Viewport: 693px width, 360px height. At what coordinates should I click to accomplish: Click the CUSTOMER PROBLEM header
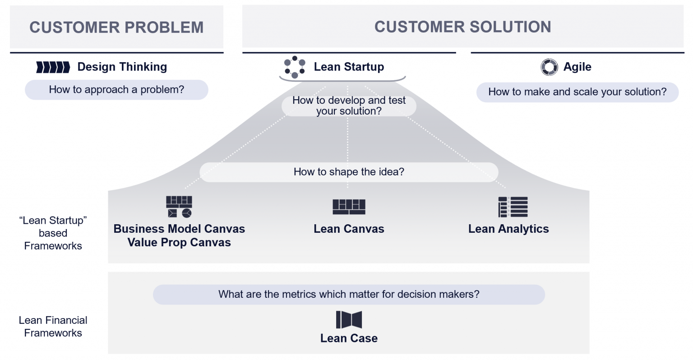[x=116, y=27]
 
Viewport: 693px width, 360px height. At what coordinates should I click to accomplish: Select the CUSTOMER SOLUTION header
[x=462, y=27]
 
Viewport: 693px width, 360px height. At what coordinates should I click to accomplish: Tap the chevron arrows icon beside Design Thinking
[x=53, y=67]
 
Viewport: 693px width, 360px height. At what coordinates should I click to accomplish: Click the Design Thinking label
[x=122, y=67]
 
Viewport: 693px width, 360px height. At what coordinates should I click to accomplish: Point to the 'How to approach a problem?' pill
[x=116, y=90]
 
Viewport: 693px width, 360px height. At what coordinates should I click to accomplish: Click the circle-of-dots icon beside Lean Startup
[x=294, y=67]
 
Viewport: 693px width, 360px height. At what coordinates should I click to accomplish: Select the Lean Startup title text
[x=349, y=67]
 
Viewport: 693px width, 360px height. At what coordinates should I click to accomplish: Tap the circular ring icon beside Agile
[x=549, y=67]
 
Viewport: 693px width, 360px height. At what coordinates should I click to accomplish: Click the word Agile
[x=577, y=67]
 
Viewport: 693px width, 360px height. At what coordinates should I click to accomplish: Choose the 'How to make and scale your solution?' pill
[x=577, y=92]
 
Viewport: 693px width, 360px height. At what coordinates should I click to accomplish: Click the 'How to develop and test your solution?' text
[x=349, y=106]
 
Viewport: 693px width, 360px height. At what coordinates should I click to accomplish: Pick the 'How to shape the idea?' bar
[x=349, y=172]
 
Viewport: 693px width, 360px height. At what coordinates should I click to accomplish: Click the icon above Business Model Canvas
[x=179, y=207]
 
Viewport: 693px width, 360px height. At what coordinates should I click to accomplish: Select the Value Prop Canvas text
[x=179, y=243]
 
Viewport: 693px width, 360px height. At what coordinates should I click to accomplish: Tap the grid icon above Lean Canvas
[x=349, y=207]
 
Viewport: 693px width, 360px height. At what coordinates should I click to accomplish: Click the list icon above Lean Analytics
[x=513, y=207]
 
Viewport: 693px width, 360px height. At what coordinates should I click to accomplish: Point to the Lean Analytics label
[x=508, y=229]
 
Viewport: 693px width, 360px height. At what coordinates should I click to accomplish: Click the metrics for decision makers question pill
[x=349, y=295]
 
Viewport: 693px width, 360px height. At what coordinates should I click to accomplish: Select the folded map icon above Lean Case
[x=349, y=320]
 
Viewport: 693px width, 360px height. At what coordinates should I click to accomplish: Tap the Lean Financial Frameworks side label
[x=53, y=327]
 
